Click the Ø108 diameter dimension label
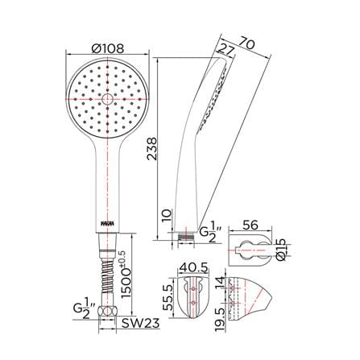pos(108,48)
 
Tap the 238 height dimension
pos(152,149)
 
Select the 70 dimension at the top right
pos(246,43)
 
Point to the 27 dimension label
pos(226,50)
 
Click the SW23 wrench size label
pos(141,324)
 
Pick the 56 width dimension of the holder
pos(250,225)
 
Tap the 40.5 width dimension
pos(193,267)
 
